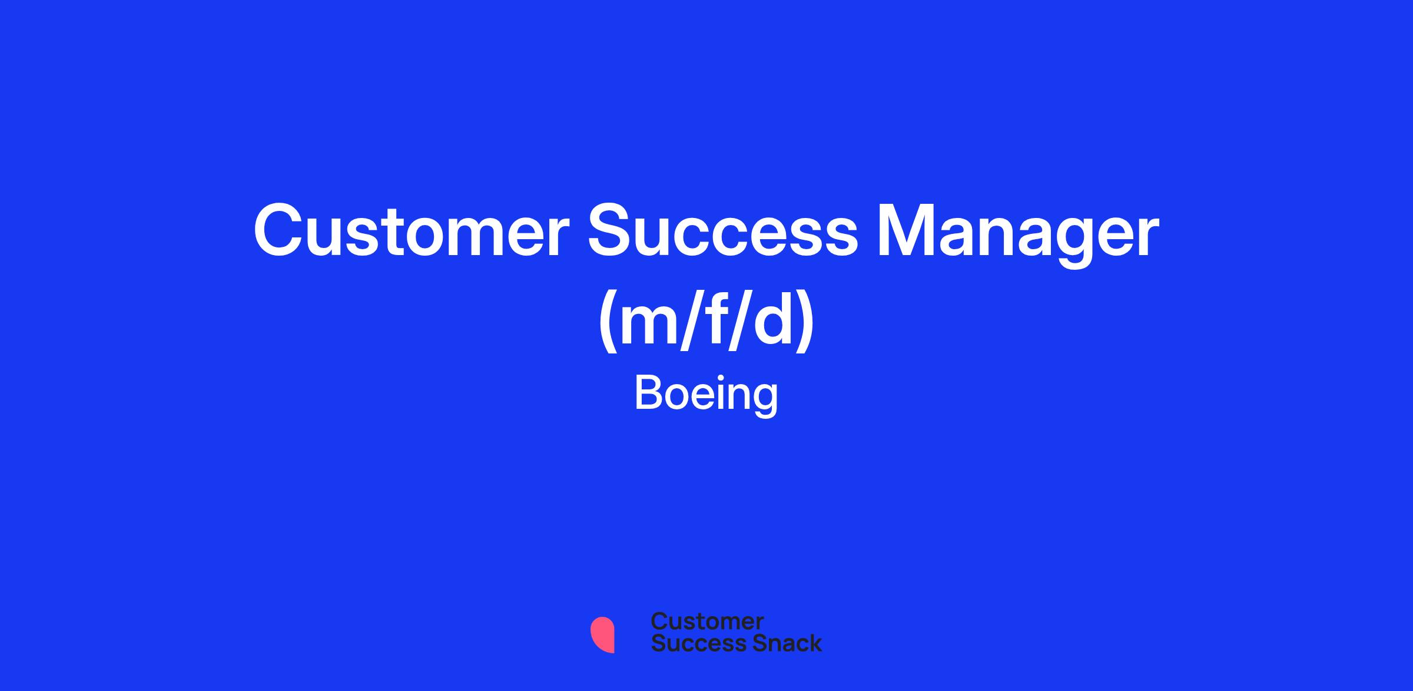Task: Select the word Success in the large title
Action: click(x=723, y=231)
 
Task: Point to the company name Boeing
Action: click(x=706, y=395)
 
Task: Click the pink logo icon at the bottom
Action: click(x=602, y=634)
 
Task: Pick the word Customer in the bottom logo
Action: click(x=707, y=621)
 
